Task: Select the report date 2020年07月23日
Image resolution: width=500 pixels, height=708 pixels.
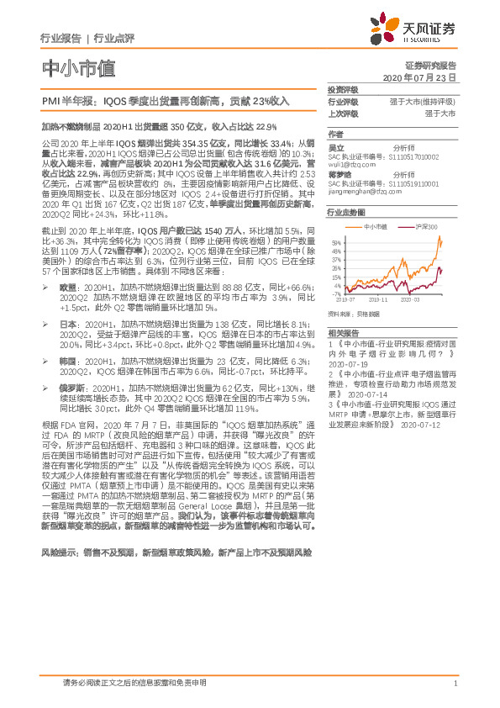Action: pos(418,76)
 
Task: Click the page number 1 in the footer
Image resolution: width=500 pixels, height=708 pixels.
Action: pos(454,684)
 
